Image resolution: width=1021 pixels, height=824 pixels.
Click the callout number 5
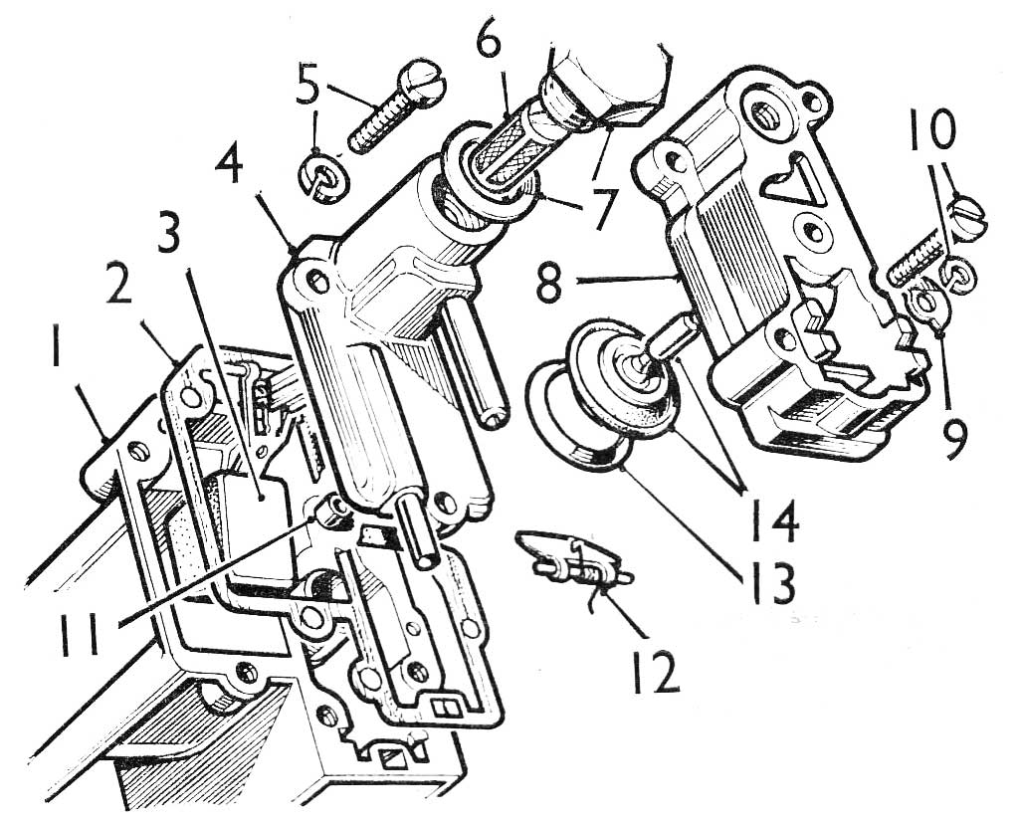pyautogui.click(x=308, y=82)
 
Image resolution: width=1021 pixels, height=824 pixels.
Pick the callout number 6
pyautogui.click(x=489, y=41)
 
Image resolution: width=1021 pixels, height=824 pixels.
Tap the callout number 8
pyautogui.click(x=549, y=281)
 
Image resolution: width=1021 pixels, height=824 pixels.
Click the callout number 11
pyautogui.click(x=81, y=635)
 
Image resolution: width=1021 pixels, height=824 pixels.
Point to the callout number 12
pyautogui.click(x=655, y=671)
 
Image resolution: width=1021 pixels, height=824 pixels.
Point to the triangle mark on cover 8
pyautogui.click(x=794, y=182)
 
